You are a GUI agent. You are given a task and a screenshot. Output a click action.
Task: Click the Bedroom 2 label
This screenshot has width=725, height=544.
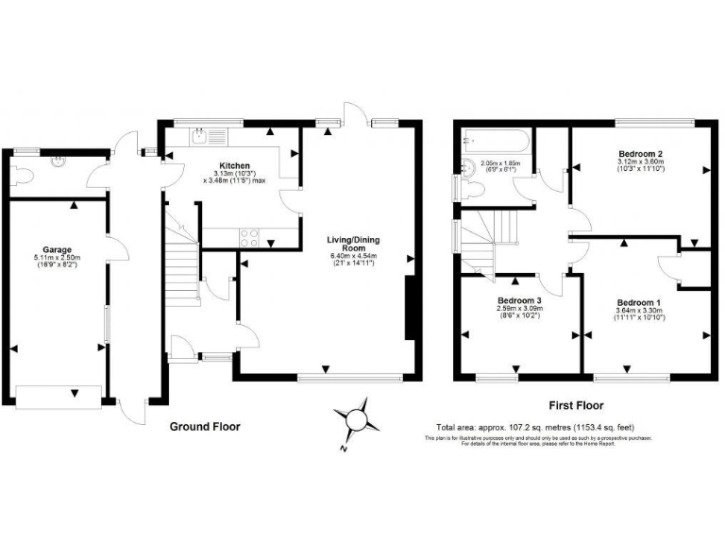click(x=640, y=153)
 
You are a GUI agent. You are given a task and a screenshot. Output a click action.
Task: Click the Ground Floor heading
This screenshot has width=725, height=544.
click(x=204, y=427)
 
